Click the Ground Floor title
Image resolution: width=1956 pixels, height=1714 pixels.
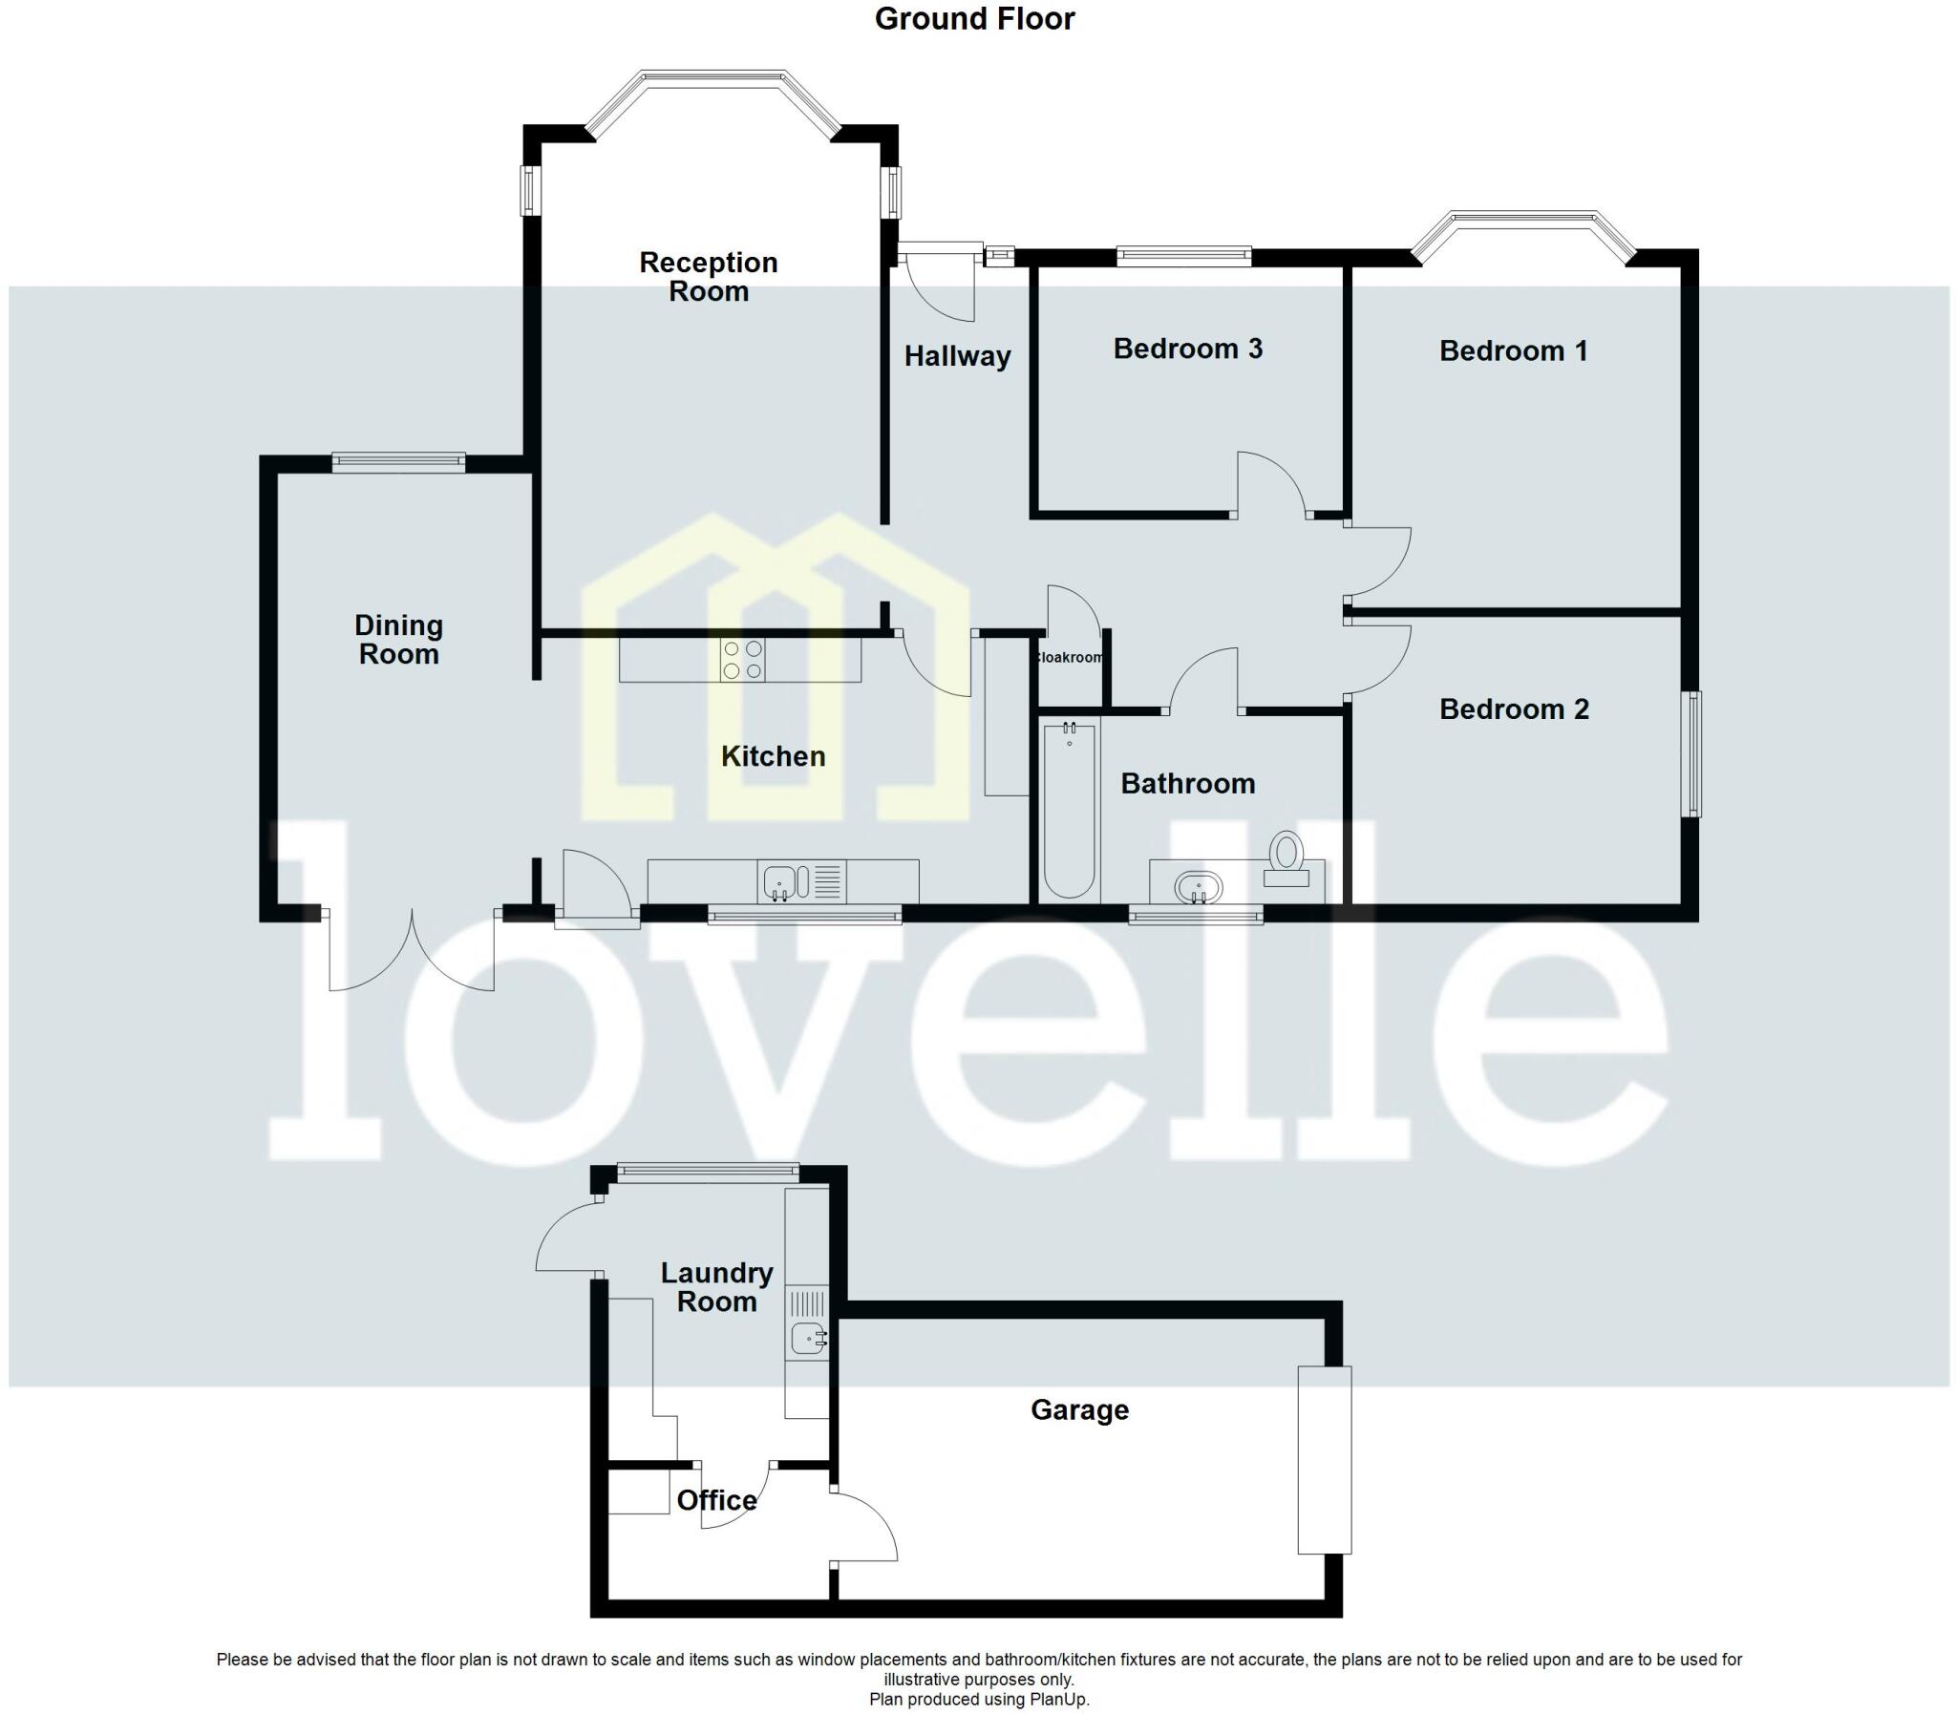973,19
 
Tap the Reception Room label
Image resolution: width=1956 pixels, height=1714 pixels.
708,276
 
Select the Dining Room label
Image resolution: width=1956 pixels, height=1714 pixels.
399,640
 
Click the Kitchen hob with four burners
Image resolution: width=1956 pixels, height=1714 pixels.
742,660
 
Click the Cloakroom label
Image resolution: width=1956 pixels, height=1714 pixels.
1070,658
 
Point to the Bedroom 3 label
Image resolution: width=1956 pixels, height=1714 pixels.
1187,349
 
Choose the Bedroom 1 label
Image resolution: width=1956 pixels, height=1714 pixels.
1513,351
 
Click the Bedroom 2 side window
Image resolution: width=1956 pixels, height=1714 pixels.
1693,753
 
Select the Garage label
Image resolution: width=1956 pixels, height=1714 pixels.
1079,1409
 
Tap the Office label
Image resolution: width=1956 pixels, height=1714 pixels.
716,1500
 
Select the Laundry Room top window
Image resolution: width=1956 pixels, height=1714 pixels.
707,1169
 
